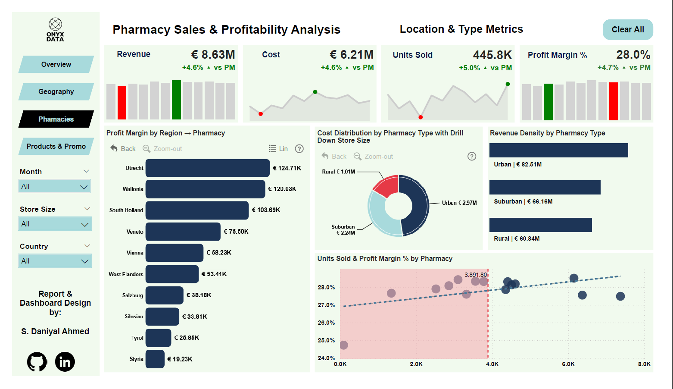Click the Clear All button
[x=628, y=30]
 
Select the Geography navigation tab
[x=56, y=92]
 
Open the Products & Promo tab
[x=56, y=147]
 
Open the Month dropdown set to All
[x=55, y=187]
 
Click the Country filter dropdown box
[x=55, y=261]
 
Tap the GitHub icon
[x=37, y=362]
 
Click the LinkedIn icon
[x=65, y=362]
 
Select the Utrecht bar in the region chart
[x=207, y=168]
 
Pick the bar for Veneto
[x=183, y=232]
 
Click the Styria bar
[x=155, y=359]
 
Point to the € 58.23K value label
[x=219, y=253]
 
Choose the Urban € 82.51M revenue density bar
[x=558, y=150]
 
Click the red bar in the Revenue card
[x=122, y=103]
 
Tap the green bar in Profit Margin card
[x=548, y=102]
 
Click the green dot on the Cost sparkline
[x=315, y=92]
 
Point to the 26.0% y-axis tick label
[x=326, y=323]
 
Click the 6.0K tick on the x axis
[x=568, y=364]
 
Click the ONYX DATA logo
[x=55, y=30]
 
